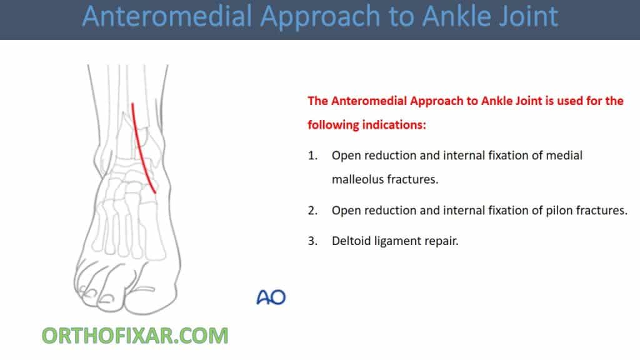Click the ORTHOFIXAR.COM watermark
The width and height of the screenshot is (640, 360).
pos(135,336)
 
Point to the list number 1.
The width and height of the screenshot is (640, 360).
pos(312,156)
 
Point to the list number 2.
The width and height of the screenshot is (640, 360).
pos(312,211)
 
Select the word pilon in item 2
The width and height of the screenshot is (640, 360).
pos(541,211)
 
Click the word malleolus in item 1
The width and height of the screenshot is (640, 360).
pos(357,180)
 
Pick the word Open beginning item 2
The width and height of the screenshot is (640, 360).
pos(346,211)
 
